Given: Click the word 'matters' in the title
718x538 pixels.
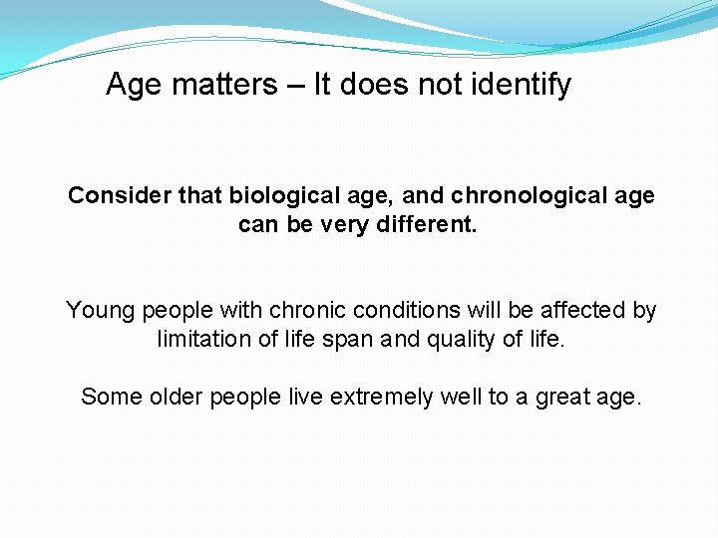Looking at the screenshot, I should pyautogui.click(x=225, y=85).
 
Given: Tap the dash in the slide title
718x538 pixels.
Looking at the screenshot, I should pyautogui.click(x=296, y=86).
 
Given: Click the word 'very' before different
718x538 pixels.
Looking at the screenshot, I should pyautogui.click(x=345, y=224).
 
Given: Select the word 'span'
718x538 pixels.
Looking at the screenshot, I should pyautogui.click(x=351, y=340).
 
